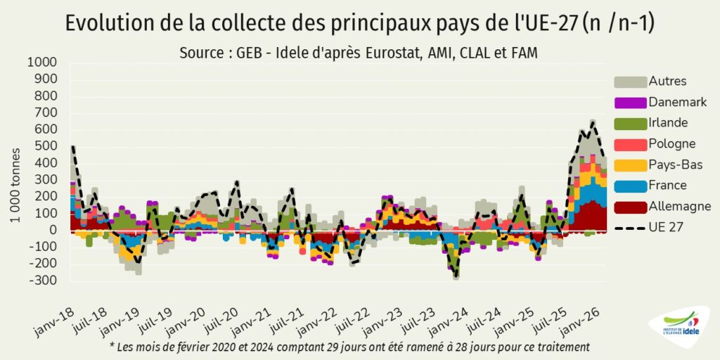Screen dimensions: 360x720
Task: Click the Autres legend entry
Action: pyautogui.click(x=650, y=82)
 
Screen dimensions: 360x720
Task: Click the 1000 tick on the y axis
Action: pyautogui.click(x=41, y=63)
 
